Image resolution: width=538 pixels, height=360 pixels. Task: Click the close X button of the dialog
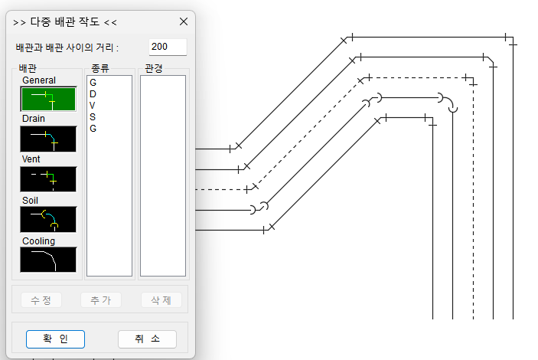coord(183,21)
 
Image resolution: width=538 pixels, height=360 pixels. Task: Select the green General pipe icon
coord(48,99)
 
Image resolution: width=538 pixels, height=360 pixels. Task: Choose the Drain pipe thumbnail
coord(48,139)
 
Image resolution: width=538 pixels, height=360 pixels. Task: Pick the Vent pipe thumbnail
coord(48,178)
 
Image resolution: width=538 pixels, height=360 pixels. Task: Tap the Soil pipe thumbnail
coord(48,219)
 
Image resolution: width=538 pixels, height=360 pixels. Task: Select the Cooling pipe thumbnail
coord(48,259)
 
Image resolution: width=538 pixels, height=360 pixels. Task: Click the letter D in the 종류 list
coord(93,93)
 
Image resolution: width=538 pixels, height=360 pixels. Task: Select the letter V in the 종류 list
coord(93,105)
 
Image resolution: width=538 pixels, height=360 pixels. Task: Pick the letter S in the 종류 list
coord(93,116)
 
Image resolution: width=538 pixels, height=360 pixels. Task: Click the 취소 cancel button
coord(152,339)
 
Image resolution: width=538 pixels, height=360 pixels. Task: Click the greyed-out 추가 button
coord(100,300)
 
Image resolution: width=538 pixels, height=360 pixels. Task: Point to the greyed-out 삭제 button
coord(161,300)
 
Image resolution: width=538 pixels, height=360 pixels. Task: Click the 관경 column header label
coord(153,68)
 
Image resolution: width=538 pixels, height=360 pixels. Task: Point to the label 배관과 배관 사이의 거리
coord(67,47)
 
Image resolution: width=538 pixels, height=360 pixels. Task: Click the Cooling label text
coord(39,241)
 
